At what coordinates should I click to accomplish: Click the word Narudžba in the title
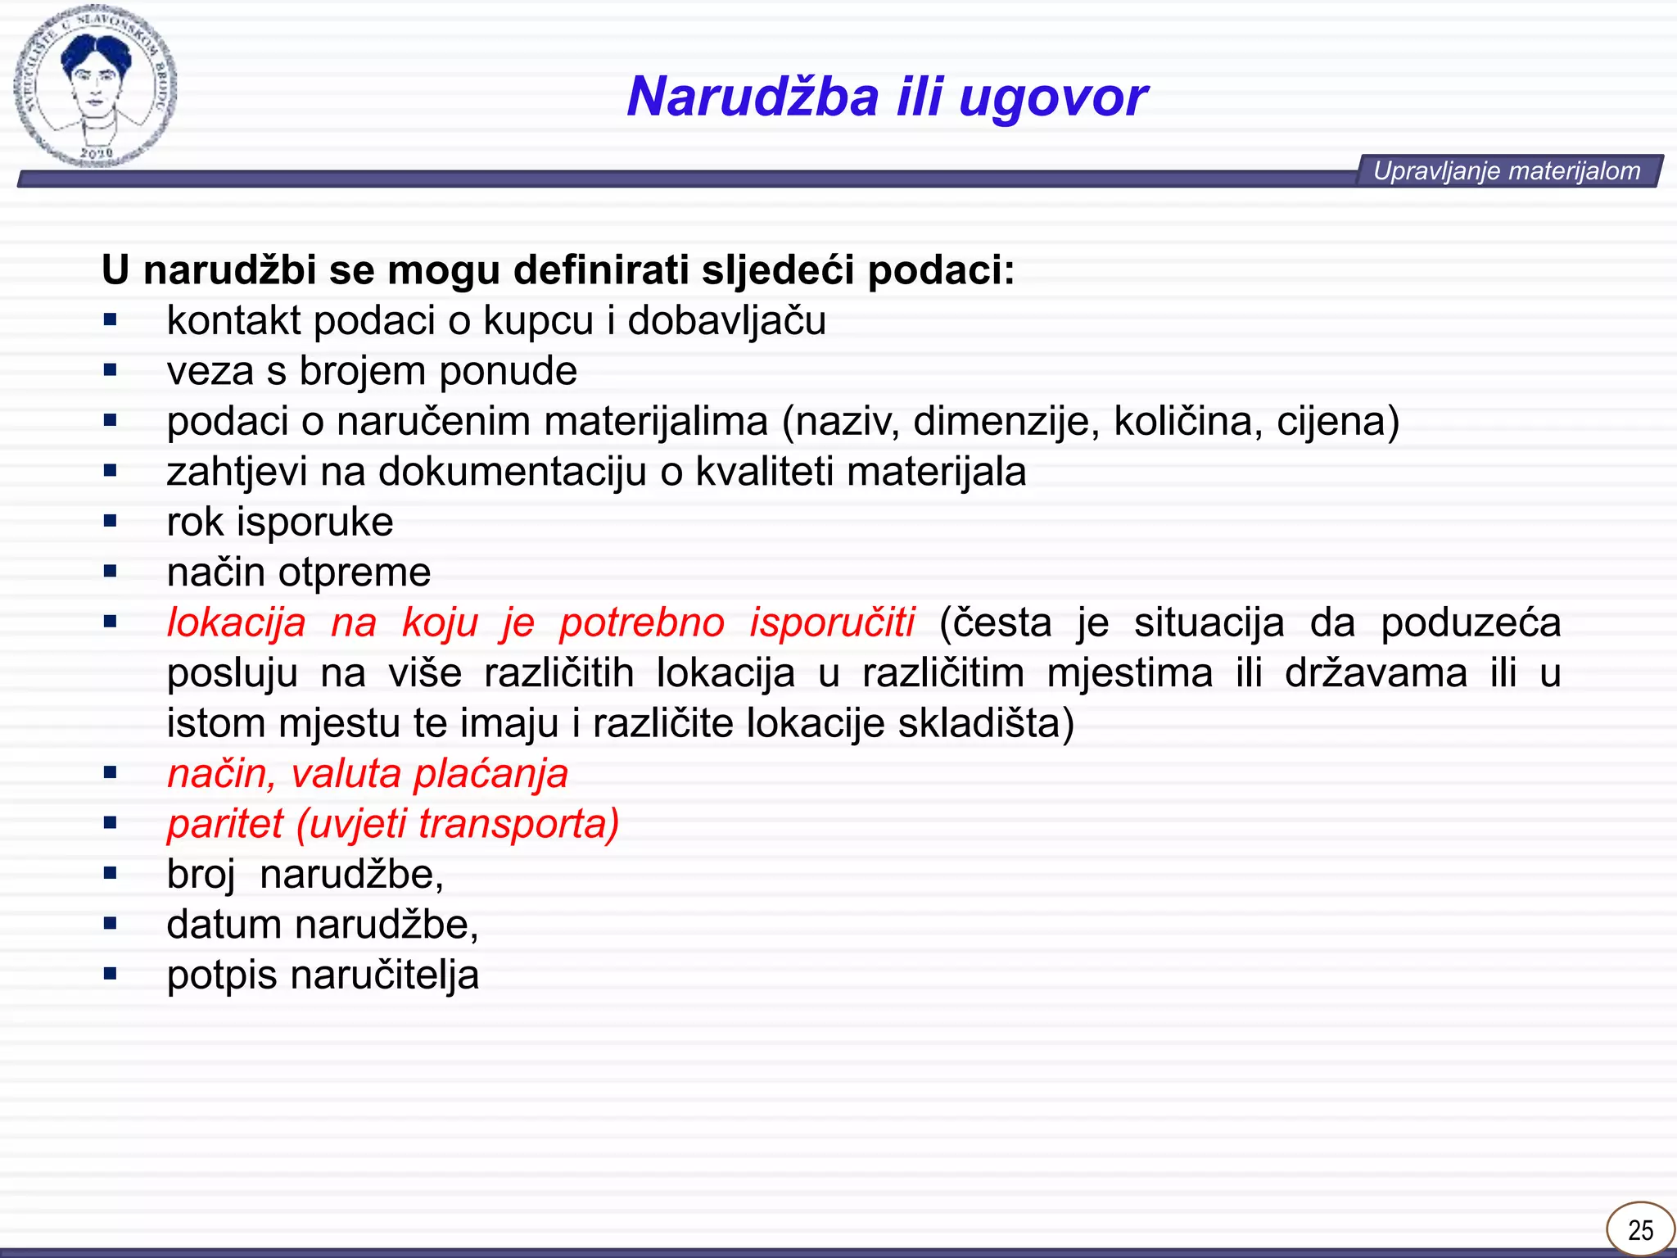coord(753,97)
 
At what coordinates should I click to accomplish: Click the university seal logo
coord(94,86)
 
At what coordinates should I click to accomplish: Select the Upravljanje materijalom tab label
coord(1507,171)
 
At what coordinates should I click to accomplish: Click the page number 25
coord(1640,1229)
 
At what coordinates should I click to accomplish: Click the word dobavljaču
coord(726,321)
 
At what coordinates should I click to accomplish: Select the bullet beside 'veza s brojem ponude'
coord(111,371)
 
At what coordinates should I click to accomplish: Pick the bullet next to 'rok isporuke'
coord(111,522)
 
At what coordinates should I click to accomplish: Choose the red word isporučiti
coord(832,622)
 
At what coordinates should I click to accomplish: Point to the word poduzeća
coord(1471,622)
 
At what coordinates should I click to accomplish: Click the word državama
coord(1376,673)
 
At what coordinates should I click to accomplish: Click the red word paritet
coord(225,825)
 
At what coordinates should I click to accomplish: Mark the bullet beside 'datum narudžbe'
coord(111,925)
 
